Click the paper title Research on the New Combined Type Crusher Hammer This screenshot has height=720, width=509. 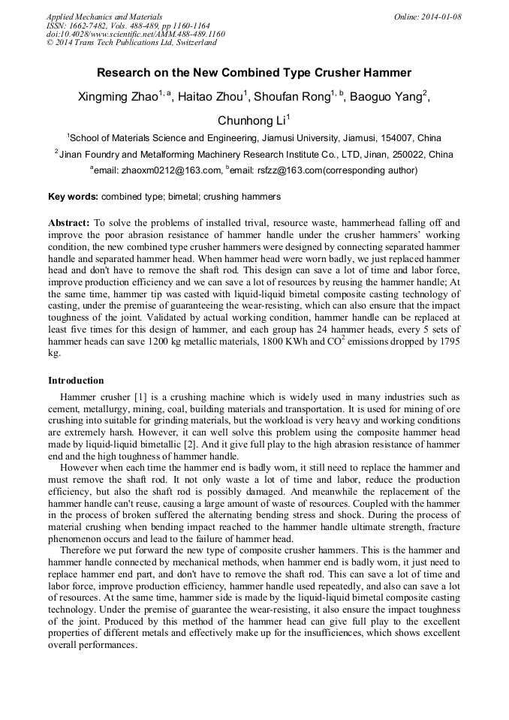tap(254, 73)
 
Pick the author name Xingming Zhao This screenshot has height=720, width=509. tap(116, 98)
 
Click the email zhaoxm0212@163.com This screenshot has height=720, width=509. tap(172, 170)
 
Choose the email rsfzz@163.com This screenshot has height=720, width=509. tap(287, 170)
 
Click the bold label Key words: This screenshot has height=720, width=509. tap(73, 197)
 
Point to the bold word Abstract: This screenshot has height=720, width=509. tap(69, 224)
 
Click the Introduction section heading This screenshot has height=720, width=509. tap(76, 380)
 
